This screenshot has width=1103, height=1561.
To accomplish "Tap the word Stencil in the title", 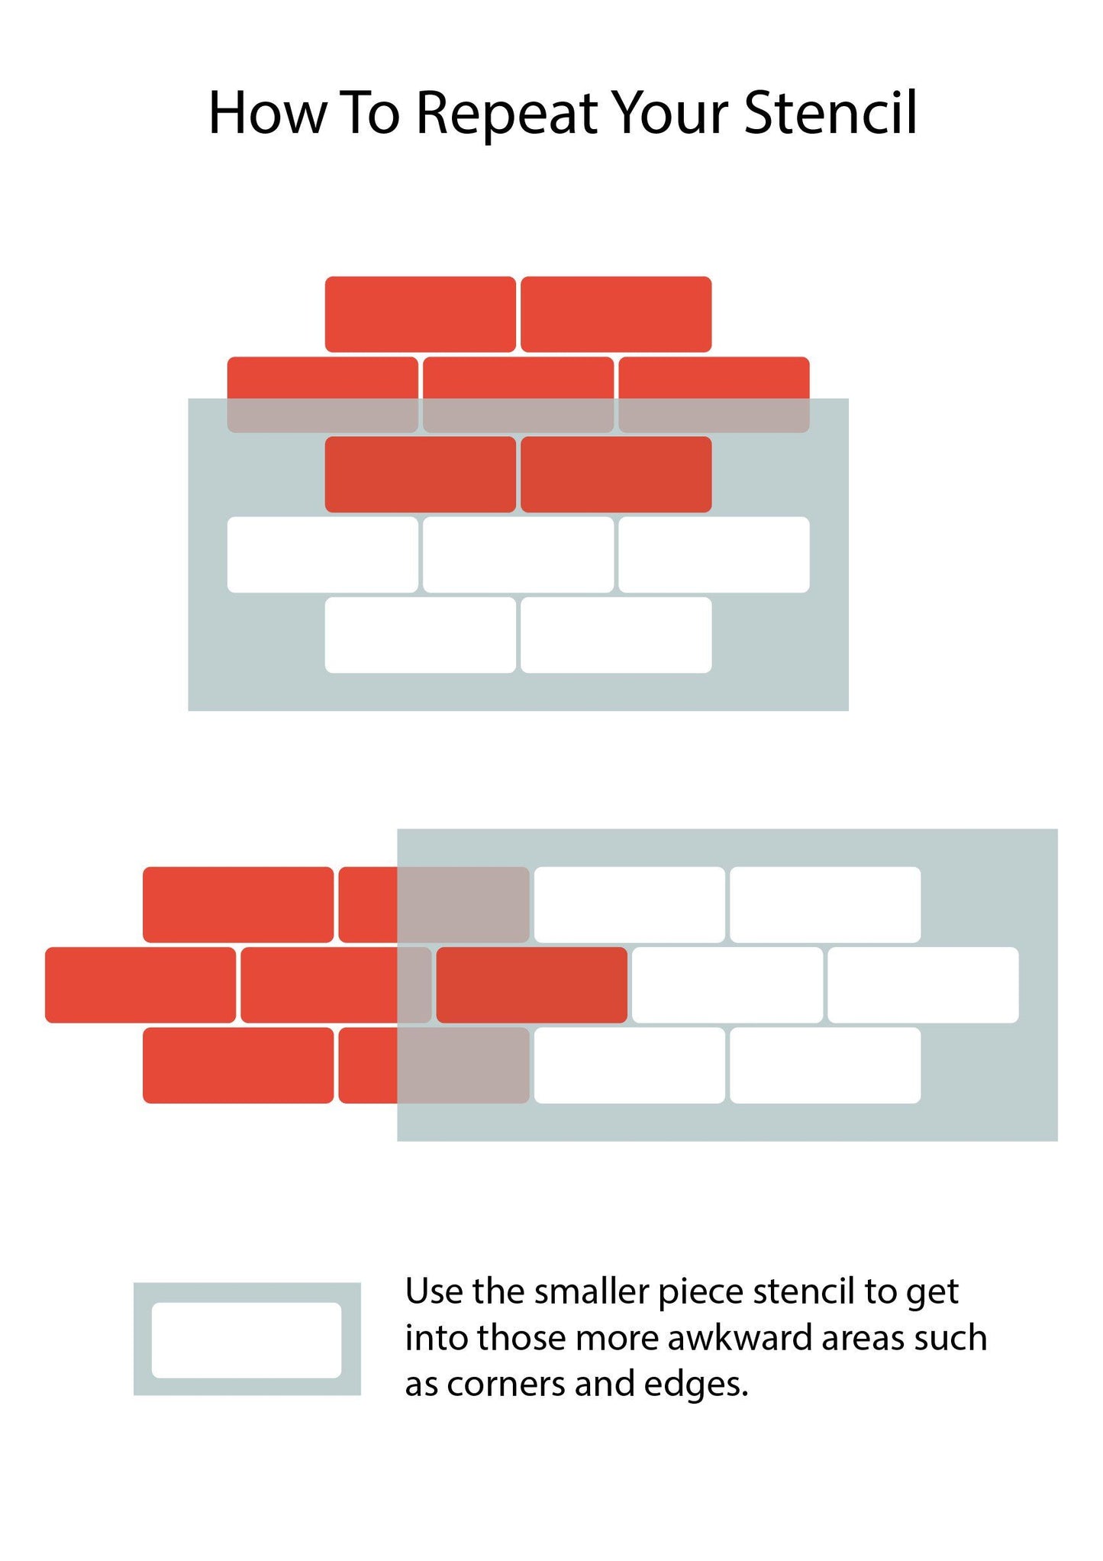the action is click(x=830, y=113).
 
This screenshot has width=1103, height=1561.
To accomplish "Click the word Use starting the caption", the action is click(x=434, y=1291).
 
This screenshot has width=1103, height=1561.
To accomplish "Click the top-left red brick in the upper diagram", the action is click(x=421, y=314).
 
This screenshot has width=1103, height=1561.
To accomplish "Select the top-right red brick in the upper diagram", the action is click(x=616, y=314).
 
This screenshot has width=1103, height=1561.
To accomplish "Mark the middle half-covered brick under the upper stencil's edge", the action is click(x=518, y=395).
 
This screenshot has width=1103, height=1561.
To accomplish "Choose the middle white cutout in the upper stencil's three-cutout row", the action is click(x=518, y=554).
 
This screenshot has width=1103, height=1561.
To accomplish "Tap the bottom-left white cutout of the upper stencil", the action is click(x=421, y=635).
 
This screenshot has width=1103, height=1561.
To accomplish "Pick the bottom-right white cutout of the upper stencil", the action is click(x=616, y=635).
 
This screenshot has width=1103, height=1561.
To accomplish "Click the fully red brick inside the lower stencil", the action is click(x=531, y=985).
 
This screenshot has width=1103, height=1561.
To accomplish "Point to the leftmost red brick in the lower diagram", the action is click(x=140, y=985).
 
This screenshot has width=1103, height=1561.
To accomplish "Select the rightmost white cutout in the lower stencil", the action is click(x=923, y=985).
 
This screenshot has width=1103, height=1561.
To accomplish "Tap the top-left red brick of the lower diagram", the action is click(x=238, y=904).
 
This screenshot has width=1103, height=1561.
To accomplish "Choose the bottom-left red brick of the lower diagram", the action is click(x=238, y=1065).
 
